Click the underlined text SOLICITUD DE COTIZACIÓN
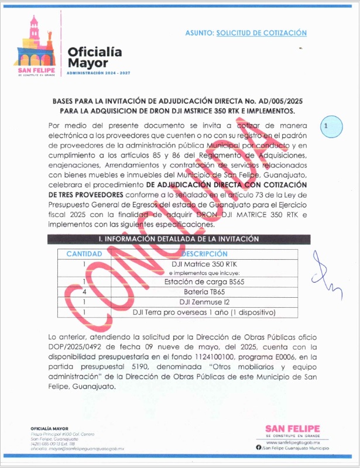261,33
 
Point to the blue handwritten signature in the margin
323,271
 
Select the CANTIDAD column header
84,254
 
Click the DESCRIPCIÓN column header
204,254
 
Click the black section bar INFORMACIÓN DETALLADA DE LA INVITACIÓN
178,239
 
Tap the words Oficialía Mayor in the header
94,57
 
